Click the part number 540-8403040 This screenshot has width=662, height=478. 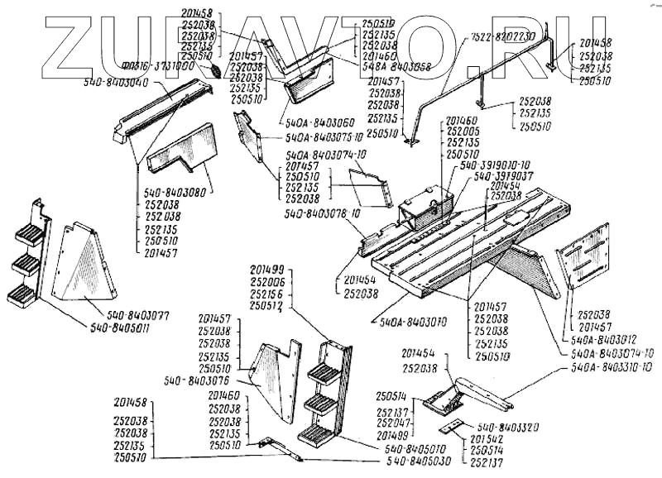tap(116, 83)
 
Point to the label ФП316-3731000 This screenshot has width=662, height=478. tap(167, 66)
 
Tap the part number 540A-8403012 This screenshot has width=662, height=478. tap(597, 337)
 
